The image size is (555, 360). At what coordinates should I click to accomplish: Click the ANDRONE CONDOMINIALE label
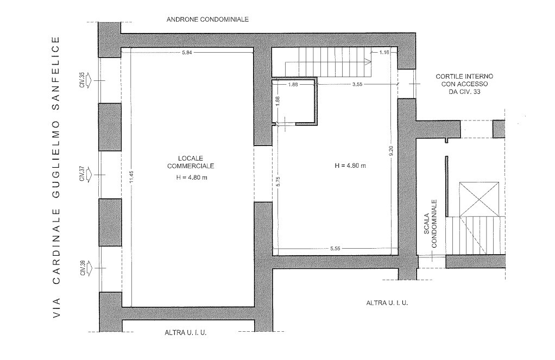(207, 19)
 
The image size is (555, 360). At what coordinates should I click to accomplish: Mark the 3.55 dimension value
(357, 85)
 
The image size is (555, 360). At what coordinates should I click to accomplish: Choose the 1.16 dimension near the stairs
(385, 53)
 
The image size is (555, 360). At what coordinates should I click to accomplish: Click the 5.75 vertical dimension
(277, 182)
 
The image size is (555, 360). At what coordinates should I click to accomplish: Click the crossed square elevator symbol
(478, 198)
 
